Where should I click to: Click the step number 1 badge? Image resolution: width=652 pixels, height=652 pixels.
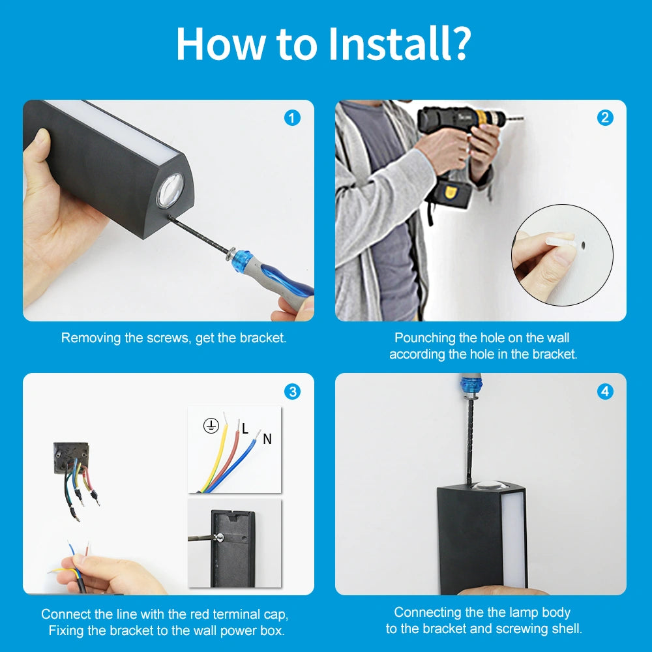coord(292,118)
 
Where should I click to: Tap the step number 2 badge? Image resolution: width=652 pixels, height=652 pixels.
coord(605,118)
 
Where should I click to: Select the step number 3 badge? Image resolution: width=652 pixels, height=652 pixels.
coord(292,392)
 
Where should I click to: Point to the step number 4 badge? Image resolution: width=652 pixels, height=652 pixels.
coord(605,392)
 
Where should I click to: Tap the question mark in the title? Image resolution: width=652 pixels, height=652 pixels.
coord(460,44)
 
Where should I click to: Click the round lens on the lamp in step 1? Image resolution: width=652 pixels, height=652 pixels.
coord(170,190)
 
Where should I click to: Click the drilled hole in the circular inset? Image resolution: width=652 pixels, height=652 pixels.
coord(583,245)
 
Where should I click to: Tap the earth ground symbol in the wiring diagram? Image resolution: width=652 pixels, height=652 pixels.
coord(211,426)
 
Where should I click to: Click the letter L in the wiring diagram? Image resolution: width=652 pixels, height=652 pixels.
coord(245,428)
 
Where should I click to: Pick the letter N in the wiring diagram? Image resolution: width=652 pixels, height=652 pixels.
coord(267,439)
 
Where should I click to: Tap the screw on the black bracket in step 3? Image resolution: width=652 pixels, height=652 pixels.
coord(220,538)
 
